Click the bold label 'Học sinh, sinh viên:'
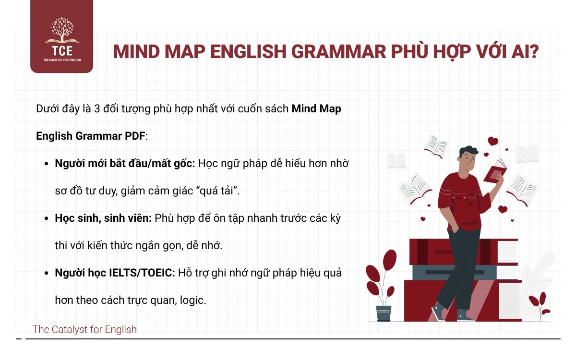tap(103, 218)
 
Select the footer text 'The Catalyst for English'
tap(84, 329)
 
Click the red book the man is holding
tap(494, 170)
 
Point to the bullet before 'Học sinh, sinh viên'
tap(47, 218)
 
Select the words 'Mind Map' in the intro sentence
tap(316, 108)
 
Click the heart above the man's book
tap(493, 141)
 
